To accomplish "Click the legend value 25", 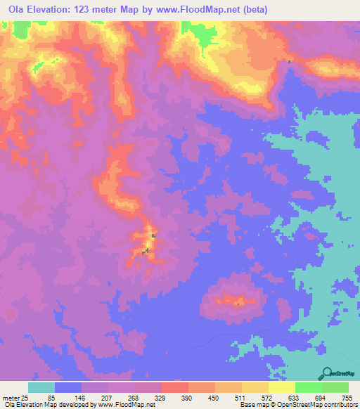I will click(x=26, y=398).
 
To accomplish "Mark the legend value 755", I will click(x=345, y=398).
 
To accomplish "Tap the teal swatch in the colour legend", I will click(x=41, y=387).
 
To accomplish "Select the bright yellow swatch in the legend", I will click(x=281, y=387).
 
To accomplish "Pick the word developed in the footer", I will click(x=72, y=405).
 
